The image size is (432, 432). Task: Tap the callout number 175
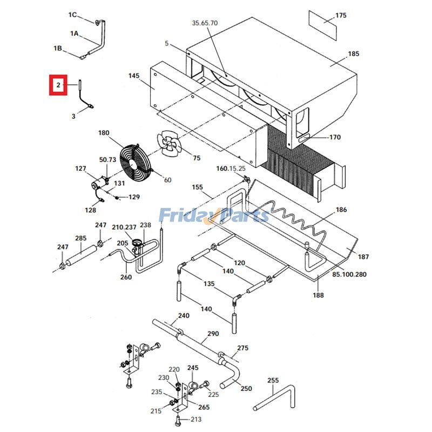pos(341,16)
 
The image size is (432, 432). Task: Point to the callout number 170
pos(335,137)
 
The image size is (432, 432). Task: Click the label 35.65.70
pos(205,23)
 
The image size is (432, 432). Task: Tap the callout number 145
pos(134,76)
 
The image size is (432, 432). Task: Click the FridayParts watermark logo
pos(214,215)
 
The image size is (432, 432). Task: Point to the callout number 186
pos(341,210)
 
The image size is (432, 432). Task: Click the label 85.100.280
pos(349,274)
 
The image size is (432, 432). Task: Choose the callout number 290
pos(213,334)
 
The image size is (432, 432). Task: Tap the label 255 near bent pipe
pos(273,380)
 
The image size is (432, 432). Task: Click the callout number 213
pos(195,418)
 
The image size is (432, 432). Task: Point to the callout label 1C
pos(72,14)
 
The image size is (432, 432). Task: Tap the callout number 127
pos(80,169)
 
